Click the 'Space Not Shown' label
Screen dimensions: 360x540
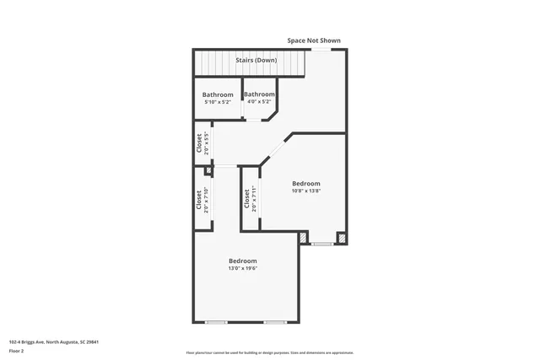[314, 40]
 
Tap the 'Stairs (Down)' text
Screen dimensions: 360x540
[256, 61]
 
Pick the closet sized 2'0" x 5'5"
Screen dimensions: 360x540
[202, 143]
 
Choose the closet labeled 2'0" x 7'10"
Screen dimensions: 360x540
[202, 199]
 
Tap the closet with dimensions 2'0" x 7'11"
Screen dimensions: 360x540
[250, 199]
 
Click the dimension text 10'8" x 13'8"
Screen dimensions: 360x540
[306, 191]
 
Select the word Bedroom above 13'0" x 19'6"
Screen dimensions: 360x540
[243, 261]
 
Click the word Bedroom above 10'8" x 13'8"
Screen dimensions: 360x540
[306, 183]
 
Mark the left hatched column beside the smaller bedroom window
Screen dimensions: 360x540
[303, 238]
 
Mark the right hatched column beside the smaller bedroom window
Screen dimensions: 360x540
[342, 238]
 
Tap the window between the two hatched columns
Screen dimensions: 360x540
[321, 244]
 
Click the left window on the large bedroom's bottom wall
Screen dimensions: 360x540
[217, 322]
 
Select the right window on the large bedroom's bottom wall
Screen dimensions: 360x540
[274, 322]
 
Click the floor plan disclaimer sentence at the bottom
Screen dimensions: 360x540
[270, 352]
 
